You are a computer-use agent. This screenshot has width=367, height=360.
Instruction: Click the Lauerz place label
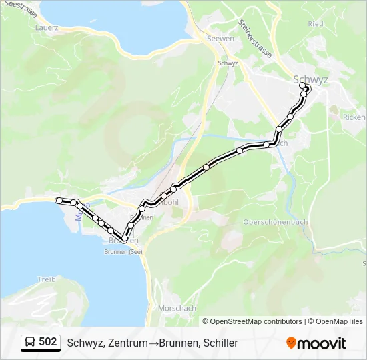(46, 28)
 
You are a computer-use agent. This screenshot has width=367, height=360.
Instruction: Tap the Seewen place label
(221, 39)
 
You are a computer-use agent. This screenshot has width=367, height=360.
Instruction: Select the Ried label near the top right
(316, 23)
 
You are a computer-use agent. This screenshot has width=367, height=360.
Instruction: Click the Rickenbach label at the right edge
(354, 117)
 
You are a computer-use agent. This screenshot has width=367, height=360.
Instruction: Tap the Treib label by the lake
(47, 279)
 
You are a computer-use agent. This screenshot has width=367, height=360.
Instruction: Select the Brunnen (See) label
(123, 252)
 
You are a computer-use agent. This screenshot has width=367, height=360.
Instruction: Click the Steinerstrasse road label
(255, 39)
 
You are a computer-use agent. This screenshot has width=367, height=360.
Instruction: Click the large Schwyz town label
(311, 79)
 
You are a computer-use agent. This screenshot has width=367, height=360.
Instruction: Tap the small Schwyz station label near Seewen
(228, 63)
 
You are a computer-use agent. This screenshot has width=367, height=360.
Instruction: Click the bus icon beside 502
(30, 343)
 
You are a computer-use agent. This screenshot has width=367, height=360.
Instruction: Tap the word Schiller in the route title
(220, 343)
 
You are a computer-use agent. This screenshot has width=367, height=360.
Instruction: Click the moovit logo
(316, 343)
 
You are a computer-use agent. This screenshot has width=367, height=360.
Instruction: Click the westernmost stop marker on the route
(59, 201)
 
